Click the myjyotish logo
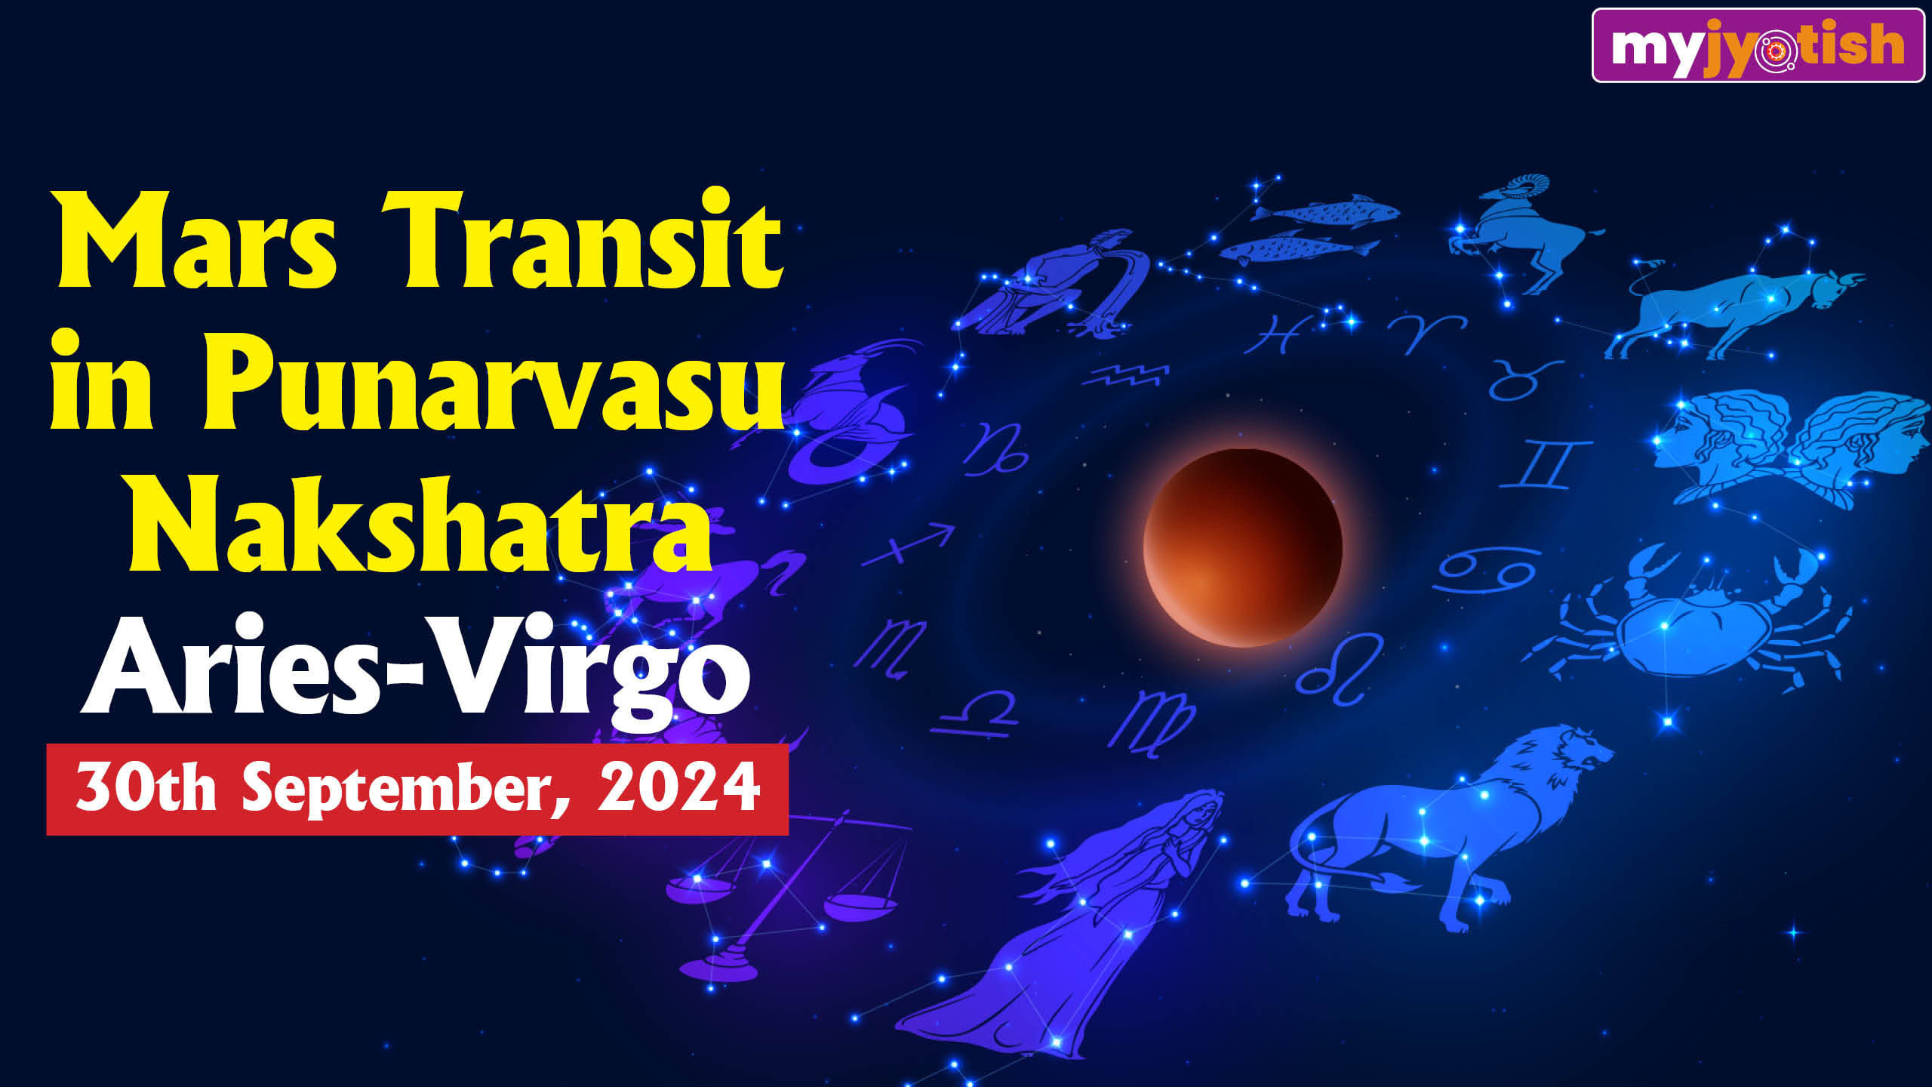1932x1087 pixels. [x=1758, y=45]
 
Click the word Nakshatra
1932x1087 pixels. [x=420, y=525]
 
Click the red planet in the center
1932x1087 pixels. [x=1242, y=547]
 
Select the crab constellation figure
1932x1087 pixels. [x=1690, y=615]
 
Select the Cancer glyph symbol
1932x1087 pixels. [x=1486, y=570]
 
